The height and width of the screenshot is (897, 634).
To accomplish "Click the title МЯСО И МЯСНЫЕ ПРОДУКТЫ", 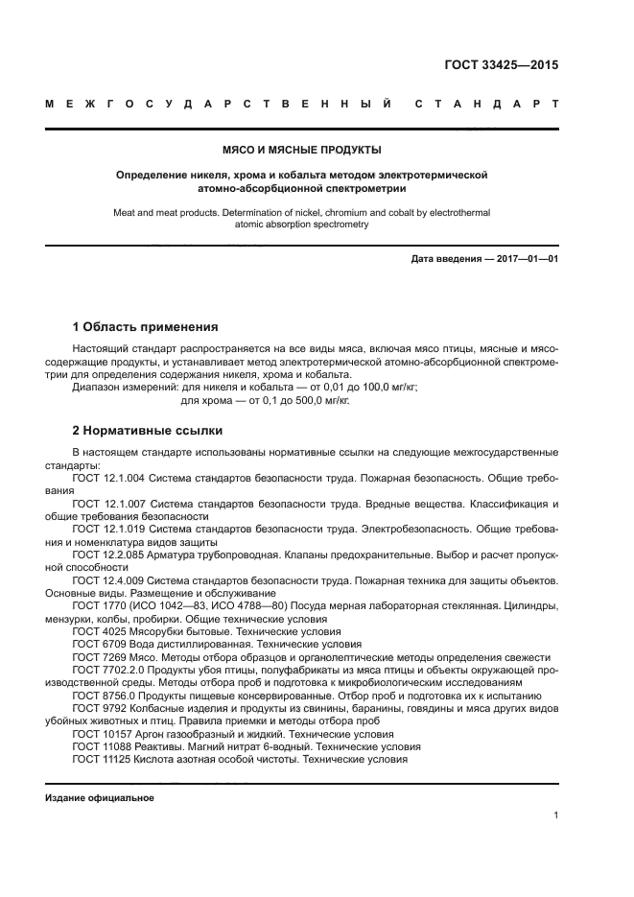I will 302,150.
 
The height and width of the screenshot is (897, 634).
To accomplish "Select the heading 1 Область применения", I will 146,327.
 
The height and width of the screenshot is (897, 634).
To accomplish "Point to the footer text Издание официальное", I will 100,798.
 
